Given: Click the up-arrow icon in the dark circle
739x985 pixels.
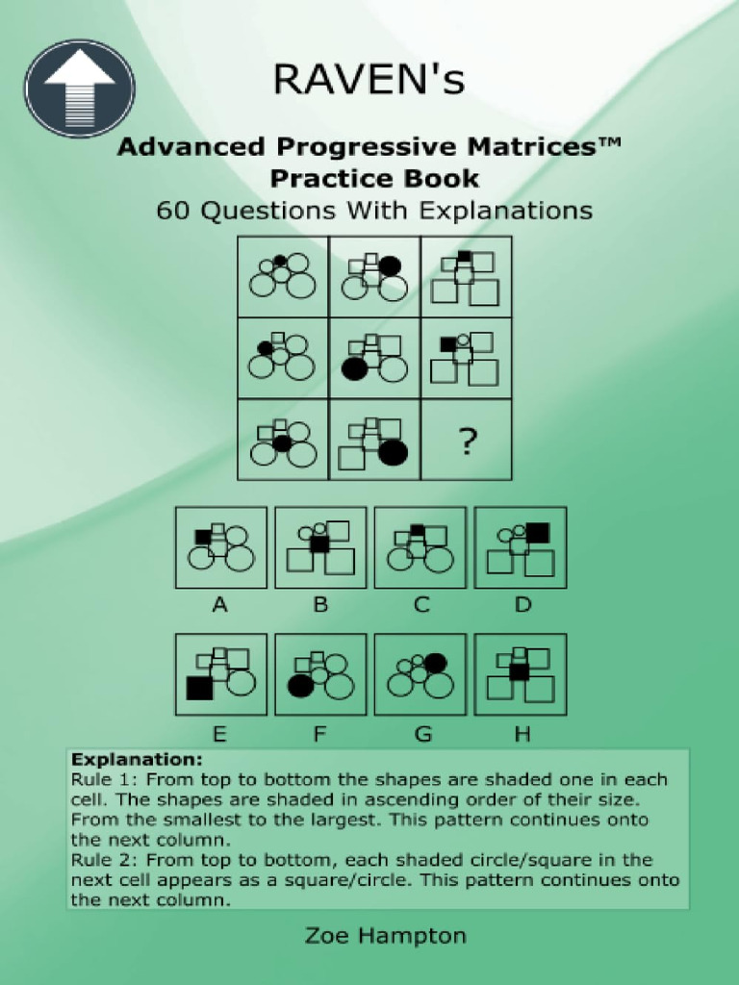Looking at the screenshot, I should pyautogui.click(x=79, y=88).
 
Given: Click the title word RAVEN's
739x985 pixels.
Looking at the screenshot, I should pyautogui.click(x=369, y=81).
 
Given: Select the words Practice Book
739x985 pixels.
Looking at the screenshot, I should pyautogui.click(x=374, y=179).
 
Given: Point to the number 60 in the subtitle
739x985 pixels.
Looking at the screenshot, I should pyautogui.click(x=174, y=210).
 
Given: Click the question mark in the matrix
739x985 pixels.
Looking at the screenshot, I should pyautogui.click(x=467, y=442).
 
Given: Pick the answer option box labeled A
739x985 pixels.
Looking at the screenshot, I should pyautogui.click(x=220, y=547).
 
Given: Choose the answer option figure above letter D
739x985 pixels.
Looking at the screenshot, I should pyautogui.click(x=521, y=547).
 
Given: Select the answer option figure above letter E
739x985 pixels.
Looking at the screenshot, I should pyautogui.click(x=220, y=674).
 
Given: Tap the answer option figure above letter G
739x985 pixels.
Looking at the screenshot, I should pyautogui.click(x=420, y=674).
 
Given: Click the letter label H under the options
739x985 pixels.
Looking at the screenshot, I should pyautogui.click(x=522, y=735).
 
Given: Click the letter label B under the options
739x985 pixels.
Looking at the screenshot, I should pyautogui.click(x=320, y=606).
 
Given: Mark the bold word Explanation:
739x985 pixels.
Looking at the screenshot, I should pyautogui.click(x=121, y=759).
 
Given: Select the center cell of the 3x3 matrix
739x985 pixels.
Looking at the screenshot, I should pyautogui.click(x=374, y=358).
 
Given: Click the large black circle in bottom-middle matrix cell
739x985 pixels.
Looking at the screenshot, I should pyautogui.click(x=393, y=452).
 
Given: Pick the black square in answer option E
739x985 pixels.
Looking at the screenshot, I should pyautogui.click(x=199, y=688).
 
